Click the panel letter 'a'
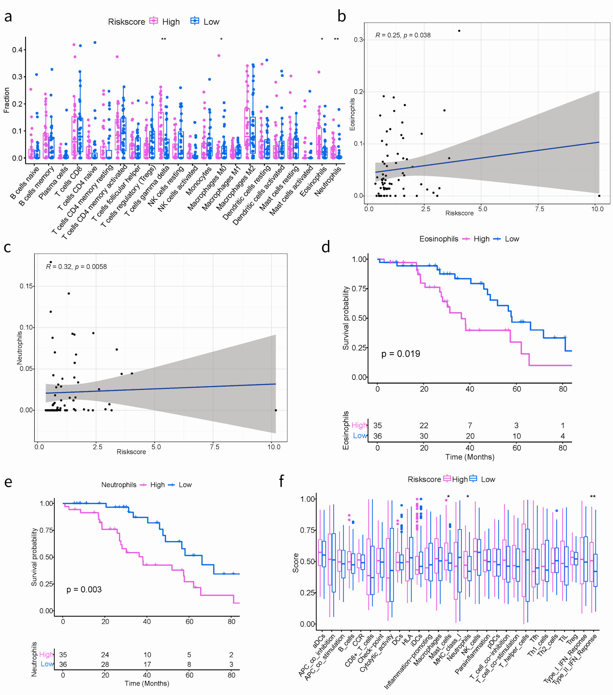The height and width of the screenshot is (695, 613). pos(8,16)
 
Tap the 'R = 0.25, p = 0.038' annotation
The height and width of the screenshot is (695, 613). pos(403,35)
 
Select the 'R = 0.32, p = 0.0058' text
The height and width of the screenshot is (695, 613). pos(76,266)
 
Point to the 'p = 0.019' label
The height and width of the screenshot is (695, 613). pos(400,354)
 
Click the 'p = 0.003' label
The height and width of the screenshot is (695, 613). pos(84,589)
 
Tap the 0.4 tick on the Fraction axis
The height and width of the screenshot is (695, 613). pos(17,50)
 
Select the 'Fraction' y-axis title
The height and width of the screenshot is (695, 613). pos(6,100)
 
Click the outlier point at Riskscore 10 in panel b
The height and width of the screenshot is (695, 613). pos(599,196)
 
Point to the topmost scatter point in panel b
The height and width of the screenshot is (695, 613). pos(459,31)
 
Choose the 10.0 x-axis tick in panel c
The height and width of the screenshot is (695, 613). pos(274,447)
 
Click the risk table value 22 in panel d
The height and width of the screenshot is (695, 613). pos(424,425)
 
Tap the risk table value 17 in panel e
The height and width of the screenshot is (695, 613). pos(147,664)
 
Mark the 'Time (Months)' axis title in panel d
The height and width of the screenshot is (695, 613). pos(469,457)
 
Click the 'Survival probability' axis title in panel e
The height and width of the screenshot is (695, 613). pos(34,557)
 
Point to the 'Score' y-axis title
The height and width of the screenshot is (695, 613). pos(295,563)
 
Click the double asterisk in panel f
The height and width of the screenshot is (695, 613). pos(593,496)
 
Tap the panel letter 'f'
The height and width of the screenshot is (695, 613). pos(281,481)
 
